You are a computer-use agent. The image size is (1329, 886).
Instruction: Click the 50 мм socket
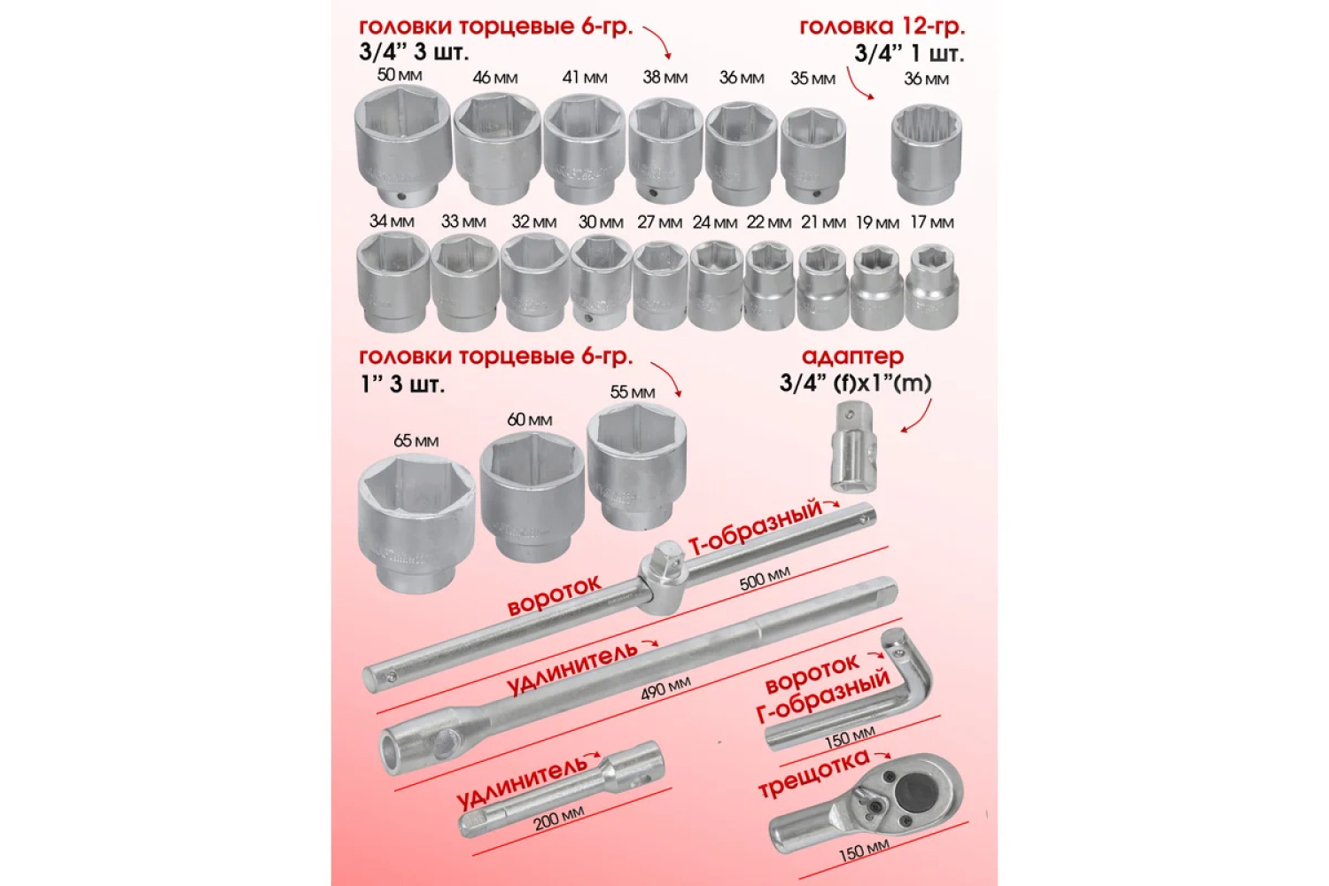[x=403, y=146]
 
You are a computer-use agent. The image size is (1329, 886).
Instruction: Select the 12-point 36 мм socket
[x=926, y=153]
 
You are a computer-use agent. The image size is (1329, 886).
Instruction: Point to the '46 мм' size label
[x=494, y=78]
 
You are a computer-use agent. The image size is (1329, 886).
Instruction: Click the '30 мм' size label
[x=601, y=222]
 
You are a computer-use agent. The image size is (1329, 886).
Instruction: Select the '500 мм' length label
[x=765, y=578]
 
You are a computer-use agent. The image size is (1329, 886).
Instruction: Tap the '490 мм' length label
[x=665, y=688]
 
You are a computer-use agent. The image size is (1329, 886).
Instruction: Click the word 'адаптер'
[x=852, y=357]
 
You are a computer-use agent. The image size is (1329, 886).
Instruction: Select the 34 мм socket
[x=392, y=282]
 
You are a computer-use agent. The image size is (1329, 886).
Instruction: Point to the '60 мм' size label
[x=529, y=420]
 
